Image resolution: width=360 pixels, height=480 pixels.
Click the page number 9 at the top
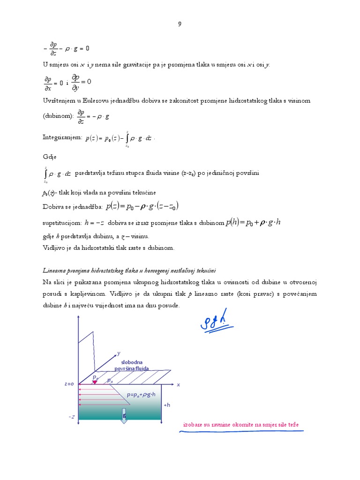point(180,24)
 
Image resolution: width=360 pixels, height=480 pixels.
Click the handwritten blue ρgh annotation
point(216,321)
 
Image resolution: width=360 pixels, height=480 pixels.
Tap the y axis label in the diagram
point(119,352)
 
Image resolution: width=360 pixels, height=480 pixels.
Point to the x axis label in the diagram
point(178,384)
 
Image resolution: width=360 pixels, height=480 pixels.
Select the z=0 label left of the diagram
point(69,383)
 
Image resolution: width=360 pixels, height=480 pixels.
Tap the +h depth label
point(167,405)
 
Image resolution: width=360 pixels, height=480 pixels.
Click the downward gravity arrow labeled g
point(124,416)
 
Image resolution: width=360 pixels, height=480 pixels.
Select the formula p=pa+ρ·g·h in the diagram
point(141,395)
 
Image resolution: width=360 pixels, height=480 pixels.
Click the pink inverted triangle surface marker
point(95,382)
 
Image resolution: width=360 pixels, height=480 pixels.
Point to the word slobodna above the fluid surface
point(132,362)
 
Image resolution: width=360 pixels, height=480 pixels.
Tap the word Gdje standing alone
point(50,157)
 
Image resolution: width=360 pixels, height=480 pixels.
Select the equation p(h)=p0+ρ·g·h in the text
point(253,222)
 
